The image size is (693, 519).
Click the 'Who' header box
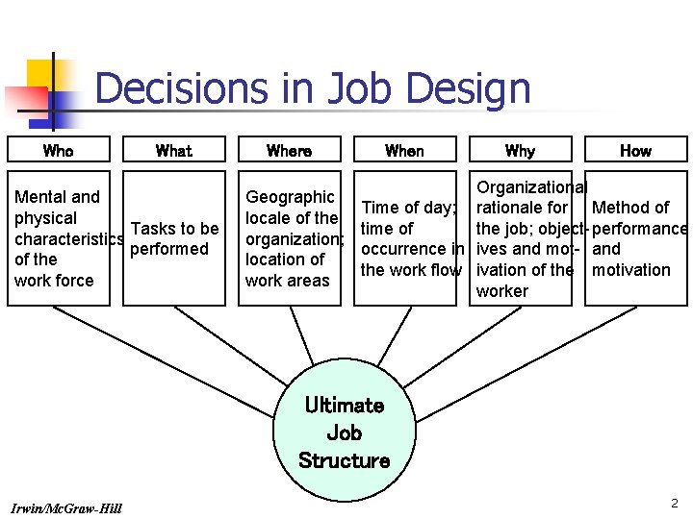[x=58, y=150]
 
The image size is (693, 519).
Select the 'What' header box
[x=173, y=150]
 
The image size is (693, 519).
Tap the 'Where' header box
[x=289, y=150]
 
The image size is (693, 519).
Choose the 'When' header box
[x=404, y=150]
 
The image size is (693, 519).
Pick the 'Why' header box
[x=520, y=150]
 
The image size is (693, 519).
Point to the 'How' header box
[x=635, y=150]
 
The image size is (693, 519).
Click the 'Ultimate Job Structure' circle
[x=344, y=433]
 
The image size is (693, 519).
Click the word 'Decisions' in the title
[x=182, y=89]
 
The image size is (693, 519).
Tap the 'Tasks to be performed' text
[x=173, y=238]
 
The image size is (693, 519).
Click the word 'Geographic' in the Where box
[x=290, y=197]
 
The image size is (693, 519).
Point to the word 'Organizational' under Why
[x=532, y=186]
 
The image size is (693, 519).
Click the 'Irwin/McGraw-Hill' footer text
[x=66, y=507]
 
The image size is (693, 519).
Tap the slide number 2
[x=675, y=503]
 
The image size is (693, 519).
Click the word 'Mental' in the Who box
[x=41, y=197]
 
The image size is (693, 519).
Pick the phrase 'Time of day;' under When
[x=409, y=208]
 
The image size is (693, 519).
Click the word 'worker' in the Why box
[x=502, y=291]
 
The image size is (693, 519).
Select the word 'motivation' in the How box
[x=631, y=270]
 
